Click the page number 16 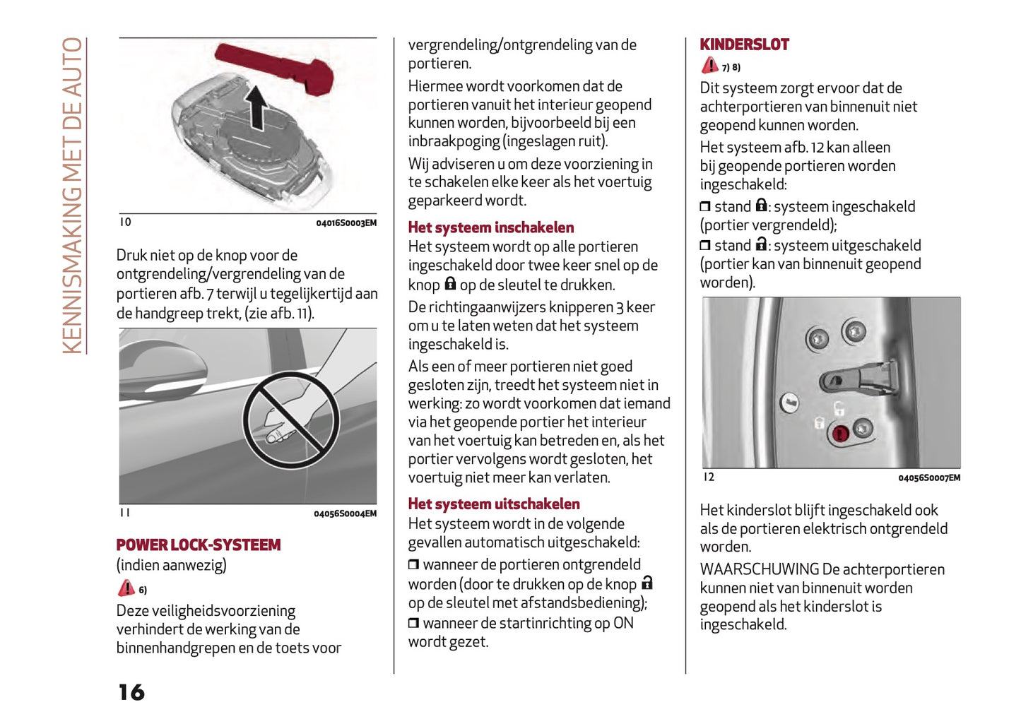(x=131, y=692)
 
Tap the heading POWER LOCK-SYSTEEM (x=199, y=545)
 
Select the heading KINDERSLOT (x=744, y=44)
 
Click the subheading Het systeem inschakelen (x=490, y=227)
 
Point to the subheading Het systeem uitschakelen (x=493, y=504)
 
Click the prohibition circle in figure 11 (x=291, y=420)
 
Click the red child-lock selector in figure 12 (x=840, y=433)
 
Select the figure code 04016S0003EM (x=346, y=223)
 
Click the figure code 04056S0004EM (x=345, y=513)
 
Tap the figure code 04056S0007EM (x=928, y=478)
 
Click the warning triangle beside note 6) (x=126, y=588)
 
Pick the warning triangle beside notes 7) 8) (x=709, y=66)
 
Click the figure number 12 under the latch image (x=709, y=477)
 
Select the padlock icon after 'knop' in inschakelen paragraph (x=450, y=284)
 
